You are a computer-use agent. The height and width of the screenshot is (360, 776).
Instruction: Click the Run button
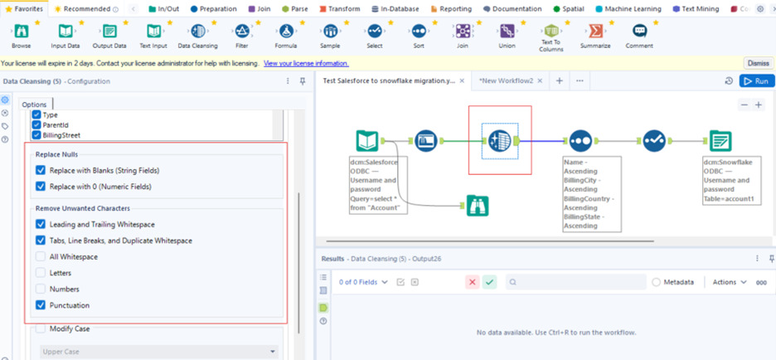[757, 80]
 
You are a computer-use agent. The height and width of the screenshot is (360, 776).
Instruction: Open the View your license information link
[306, 63]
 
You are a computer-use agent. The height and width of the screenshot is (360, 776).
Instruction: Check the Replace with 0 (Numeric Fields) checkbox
[41, 187]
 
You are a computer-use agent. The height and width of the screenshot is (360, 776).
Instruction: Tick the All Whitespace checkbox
[41, 257]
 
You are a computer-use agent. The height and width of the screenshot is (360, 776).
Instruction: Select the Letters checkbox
[41, 273]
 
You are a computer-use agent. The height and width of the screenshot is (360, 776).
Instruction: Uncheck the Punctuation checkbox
[41, 305]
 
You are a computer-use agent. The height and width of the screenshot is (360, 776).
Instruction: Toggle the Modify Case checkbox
[41, 328]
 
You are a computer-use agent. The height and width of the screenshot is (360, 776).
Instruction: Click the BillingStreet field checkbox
[36, 134]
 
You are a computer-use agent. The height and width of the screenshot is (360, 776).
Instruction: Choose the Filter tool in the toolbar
[242, 32]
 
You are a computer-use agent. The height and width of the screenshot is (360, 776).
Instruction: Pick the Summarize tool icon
[595, 32]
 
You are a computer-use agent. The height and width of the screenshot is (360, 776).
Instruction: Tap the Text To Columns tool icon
[550, 32]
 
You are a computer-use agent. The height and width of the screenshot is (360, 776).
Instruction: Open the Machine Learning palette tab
[628, 9]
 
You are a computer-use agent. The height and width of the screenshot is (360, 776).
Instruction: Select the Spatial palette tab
[568, 9]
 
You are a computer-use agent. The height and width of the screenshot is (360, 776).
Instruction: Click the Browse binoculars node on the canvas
[477, 206]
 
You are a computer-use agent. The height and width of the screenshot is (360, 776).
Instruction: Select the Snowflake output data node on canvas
[720, 141]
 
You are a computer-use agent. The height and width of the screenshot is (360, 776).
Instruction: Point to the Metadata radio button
[657, 282]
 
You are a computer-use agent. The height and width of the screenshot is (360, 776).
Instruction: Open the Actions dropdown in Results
[729, 282]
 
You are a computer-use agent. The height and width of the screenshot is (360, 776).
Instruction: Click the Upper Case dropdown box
[159, 352]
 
